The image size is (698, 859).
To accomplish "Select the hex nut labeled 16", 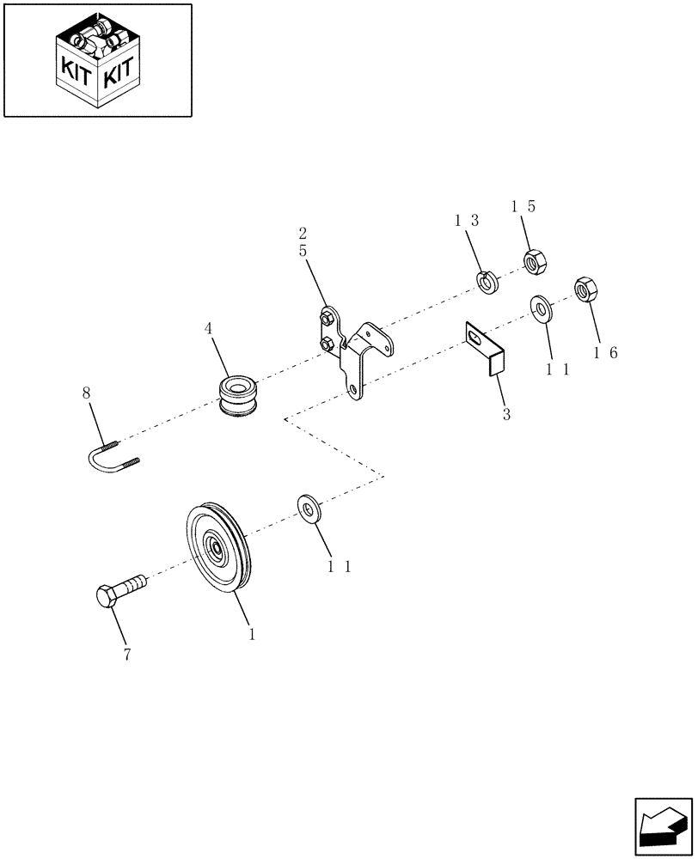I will (x=585, y=289).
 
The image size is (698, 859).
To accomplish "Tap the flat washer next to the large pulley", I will (x=309, y=508).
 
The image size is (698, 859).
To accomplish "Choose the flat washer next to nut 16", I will (x=542, y=308).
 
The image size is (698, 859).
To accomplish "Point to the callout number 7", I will (x=127, y=655).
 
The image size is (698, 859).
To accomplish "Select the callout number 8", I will (x=86, y=393).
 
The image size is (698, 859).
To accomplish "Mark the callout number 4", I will (x=208, y=328).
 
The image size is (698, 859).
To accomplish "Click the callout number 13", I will (x=467, y=221).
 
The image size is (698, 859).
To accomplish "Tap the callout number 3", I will (x=506, y=414).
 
